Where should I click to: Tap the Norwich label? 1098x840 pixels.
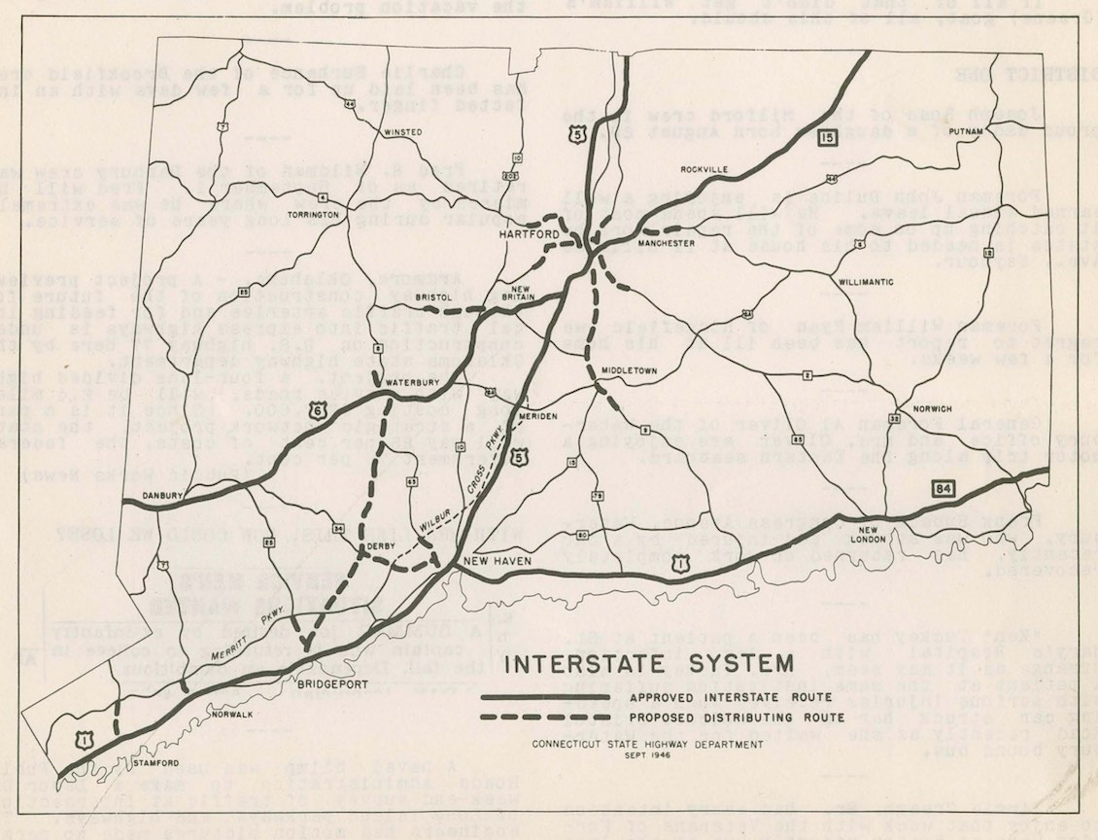click(x=932, y=408)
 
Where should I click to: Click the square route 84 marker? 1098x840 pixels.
click(x=939, y=485)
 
